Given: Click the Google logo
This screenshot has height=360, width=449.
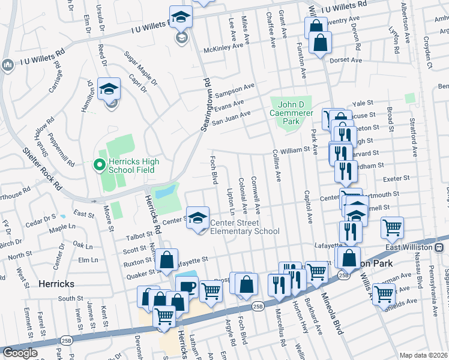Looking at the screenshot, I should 20,352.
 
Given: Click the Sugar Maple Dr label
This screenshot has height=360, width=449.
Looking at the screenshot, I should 140,67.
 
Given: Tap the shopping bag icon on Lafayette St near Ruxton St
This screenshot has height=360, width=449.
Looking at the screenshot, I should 166,260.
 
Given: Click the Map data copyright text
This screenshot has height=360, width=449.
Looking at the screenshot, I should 424,355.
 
